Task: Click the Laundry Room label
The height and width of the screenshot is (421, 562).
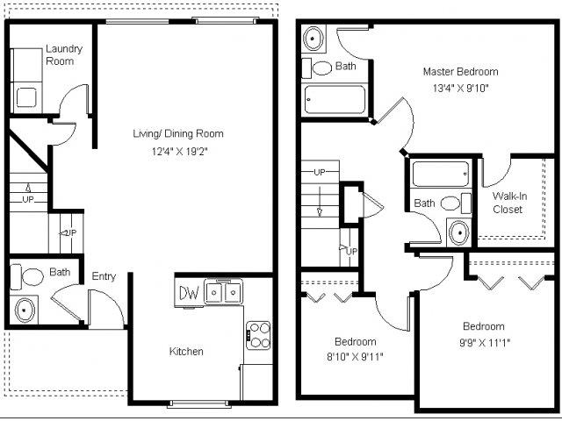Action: click(x=63, y=55)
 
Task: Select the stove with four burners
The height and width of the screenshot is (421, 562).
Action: click(x=258, y=333)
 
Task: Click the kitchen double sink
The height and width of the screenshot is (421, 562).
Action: click(x=224, y=291)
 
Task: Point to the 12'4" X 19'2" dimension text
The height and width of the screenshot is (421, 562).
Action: click(x=177, y=152)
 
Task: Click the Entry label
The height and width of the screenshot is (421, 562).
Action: click(x=104, y=277)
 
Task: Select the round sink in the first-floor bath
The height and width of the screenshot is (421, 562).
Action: click(x=25, y=309)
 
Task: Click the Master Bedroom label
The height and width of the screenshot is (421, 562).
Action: click(x=460, y=72)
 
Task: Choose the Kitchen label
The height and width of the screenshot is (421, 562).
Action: click(x=186, y=352)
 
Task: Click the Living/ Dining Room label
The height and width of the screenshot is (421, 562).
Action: click(x=177, y=134)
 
